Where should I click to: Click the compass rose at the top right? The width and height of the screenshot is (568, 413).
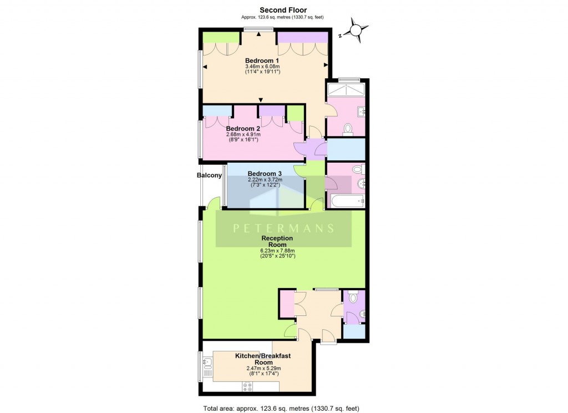coord(356,31)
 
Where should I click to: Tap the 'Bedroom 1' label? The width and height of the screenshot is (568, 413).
coord(262,61)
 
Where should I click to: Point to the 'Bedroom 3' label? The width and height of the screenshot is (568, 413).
coord(265,173)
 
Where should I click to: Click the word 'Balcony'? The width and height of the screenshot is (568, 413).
coord(209,175)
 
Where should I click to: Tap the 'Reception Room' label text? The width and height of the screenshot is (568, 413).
coord(277,241)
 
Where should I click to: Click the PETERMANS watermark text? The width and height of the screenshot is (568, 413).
coord(283,228)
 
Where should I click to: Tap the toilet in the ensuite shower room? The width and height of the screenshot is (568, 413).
coord(348,129)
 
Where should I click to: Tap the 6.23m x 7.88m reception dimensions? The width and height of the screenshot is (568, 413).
coord(277,251)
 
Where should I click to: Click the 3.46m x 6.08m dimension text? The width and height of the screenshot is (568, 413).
coord(262,67)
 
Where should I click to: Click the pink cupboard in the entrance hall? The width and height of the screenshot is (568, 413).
coord(287,303)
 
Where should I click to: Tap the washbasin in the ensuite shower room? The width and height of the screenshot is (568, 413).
coord(362,112)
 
